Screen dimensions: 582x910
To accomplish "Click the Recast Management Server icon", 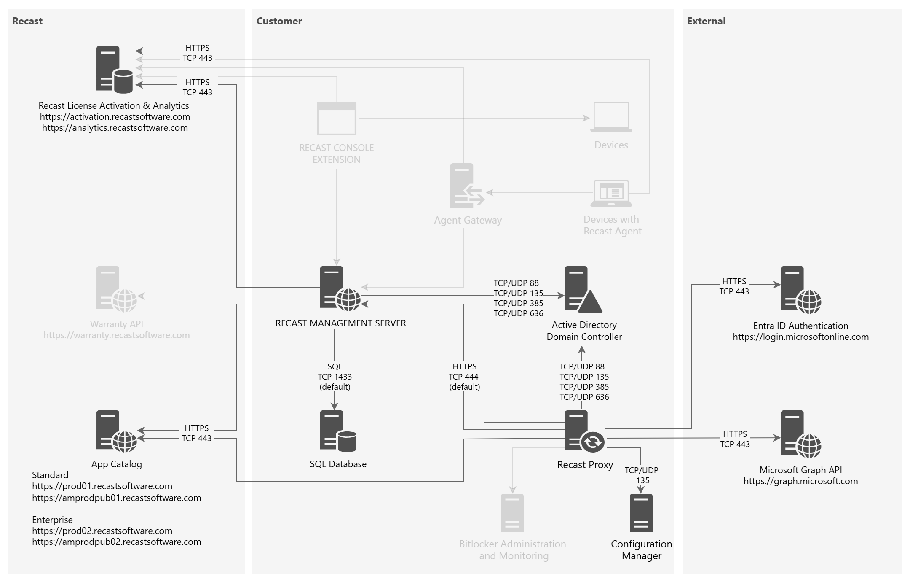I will (340, 289).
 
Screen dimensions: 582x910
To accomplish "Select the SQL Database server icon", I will (338, 431).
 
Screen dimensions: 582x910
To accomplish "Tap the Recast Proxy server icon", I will (584, 431).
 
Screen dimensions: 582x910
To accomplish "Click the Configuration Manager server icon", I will (641, 513).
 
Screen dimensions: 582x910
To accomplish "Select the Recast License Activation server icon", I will (114, 70).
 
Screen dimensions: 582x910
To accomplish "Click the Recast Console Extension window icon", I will (337, 118).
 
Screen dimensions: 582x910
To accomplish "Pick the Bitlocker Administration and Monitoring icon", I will (512, 513).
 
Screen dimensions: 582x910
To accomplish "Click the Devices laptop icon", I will (611, 117).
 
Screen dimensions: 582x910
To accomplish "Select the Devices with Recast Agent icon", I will (611, 193).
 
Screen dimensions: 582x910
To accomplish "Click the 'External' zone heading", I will (706, 21).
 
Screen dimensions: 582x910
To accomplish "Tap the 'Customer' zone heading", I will (279, 21).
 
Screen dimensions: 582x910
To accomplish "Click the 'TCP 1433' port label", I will (335, 377).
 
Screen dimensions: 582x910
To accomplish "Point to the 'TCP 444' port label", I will (463, 377).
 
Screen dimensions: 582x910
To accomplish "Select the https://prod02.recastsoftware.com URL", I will (102, 531).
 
